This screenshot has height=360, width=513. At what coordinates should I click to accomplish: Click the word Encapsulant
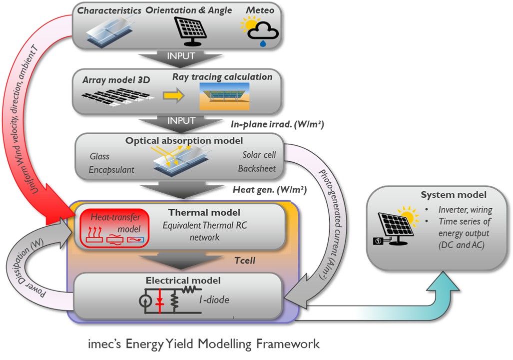[111, 169]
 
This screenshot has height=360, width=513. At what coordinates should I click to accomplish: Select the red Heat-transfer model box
[112, 228]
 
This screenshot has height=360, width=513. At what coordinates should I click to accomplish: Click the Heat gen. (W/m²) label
[269, 190]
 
